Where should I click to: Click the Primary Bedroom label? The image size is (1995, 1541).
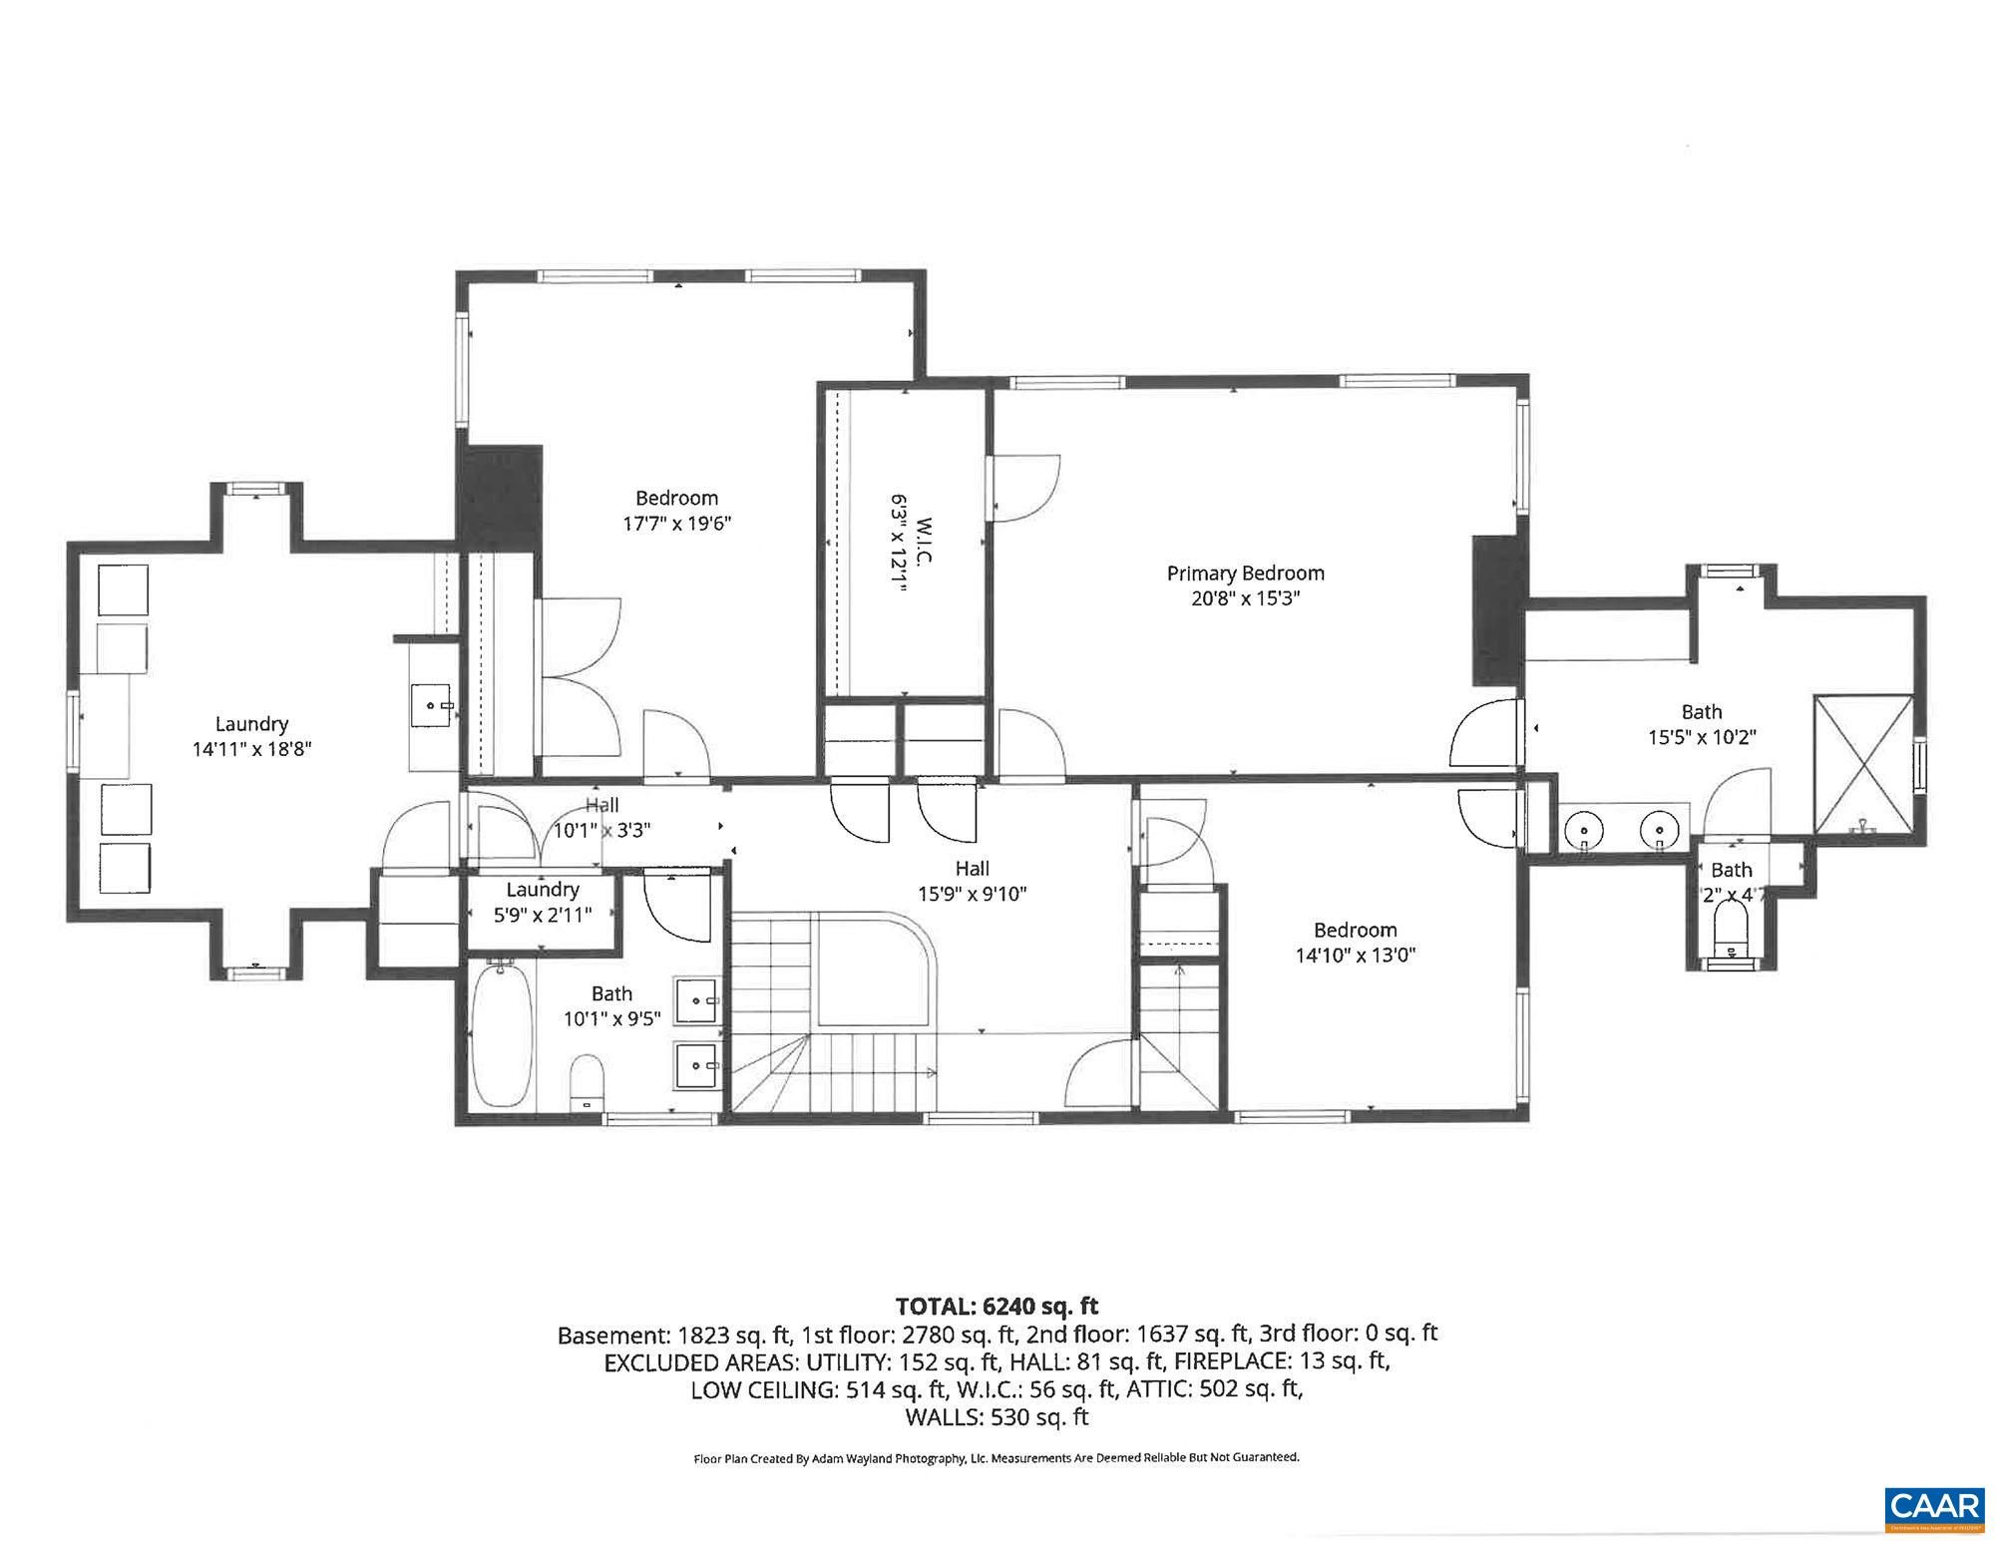pos(1245,574)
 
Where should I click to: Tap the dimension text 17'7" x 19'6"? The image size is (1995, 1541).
pos(677,524)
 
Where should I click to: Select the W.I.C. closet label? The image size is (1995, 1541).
pos(924,539)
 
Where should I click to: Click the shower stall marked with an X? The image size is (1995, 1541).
pos(1863,764)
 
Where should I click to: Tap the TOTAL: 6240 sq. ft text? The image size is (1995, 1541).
pos(997,1306)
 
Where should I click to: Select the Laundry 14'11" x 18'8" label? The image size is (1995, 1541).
pos(251,736)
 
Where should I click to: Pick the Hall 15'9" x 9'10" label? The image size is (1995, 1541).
pos(972,881)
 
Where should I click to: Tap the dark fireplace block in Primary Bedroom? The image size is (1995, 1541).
pos(1499,610)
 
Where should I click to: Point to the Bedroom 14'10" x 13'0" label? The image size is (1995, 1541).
pos(1355,943)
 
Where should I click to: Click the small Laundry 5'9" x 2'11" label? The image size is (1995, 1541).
pos(542,902)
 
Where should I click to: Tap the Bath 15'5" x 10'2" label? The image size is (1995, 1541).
pos(1701,724)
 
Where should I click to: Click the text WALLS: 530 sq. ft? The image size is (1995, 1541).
pos(997,1416)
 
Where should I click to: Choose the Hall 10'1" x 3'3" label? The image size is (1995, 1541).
pos(602,817)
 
